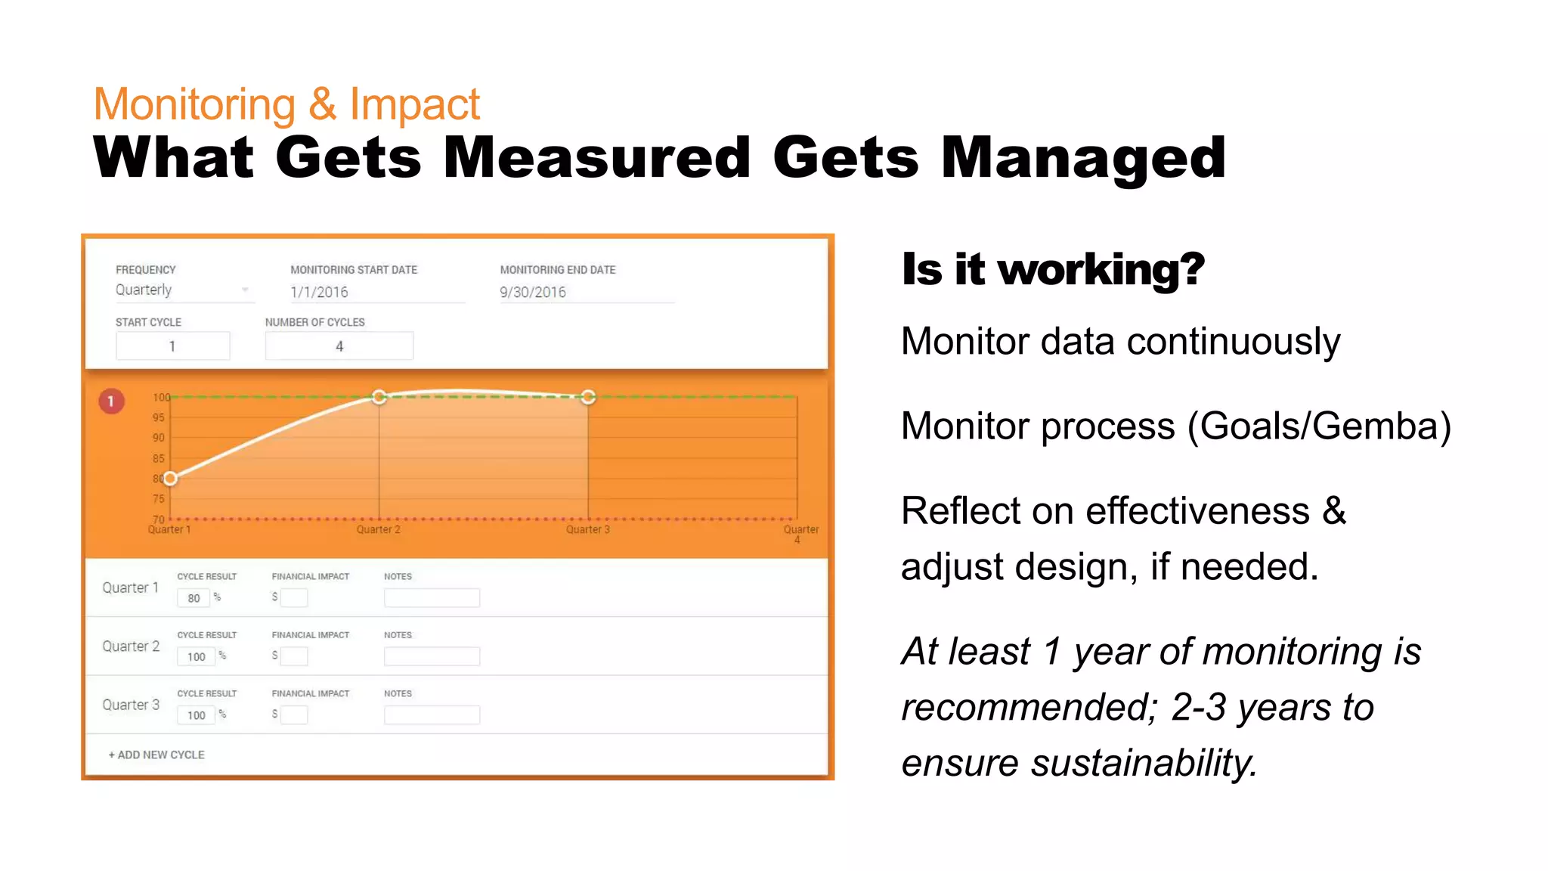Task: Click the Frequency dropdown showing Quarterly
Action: tap(181, 290)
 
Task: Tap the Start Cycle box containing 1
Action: tap(172, 346)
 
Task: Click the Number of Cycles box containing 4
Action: tap(339, 346)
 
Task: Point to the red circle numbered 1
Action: tap(111, 401)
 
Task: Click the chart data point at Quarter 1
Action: tap(171, 479)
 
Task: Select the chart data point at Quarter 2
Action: tap(379, 397)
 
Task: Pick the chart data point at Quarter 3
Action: tap(588, 397)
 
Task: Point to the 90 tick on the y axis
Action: tap(158, 438)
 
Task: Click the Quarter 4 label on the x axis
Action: tap(800, 533)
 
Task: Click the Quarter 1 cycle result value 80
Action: tap(193, 598)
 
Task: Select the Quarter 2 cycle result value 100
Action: tap(196, 657)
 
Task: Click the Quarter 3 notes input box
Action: tap(432, 715)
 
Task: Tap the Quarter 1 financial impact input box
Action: tap(294, 598)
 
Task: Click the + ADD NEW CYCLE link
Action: tap(156, 755)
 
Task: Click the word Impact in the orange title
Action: tap(414, 104)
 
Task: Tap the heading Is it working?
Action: tap(1053, 269)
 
